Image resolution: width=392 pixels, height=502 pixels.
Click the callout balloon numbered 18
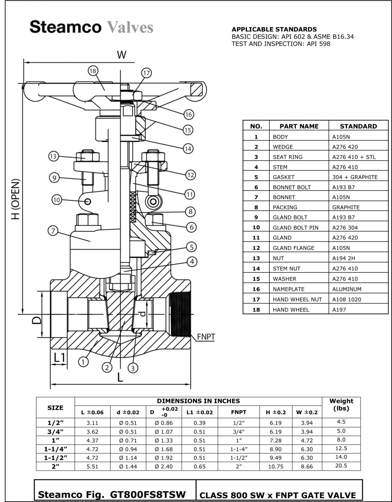tap(93, 71)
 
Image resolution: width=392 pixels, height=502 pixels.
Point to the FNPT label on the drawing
tap(206, 337)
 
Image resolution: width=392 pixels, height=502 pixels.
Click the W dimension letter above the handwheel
tap(122, 55)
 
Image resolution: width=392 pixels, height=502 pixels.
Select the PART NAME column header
tap(299, 126)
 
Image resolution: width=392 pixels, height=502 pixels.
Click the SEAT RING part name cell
tap(287, 157)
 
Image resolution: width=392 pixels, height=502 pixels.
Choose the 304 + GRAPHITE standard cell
tap(355, 177)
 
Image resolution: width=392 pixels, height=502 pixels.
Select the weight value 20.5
tap(341, 466)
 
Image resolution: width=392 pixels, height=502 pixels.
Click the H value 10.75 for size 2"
tap(276, 466)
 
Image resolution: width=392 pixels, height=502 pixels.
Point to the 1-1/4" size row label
tap(55, 449)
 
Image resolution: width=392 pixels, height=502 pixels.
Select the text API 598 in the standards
tap(318, 44)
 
